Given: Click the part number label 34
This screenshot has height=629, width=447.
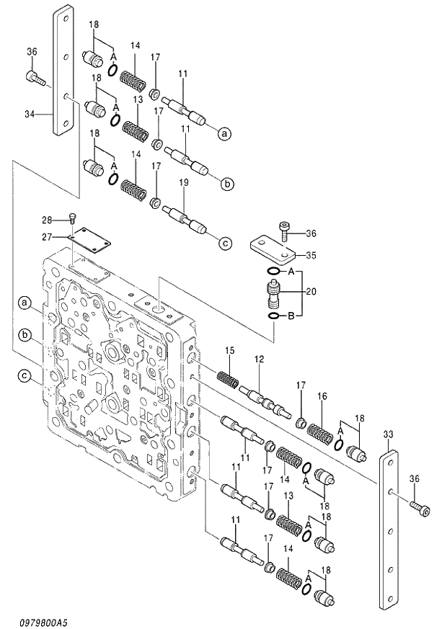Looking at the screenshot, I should (30, 113).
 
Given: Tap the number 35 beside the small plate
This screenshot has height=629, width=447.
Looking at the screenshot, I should (311, 255).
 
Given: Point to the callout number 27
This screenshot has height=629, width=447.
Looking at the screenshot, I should (46, 236).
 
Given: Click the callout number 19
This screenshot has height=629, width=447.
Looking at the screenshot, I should (183, 183).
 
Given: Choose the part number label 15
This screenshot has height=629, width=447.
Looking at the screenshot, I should (229, 350).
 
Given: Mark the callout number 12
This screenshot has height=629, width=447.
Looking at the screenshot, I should (258, 359).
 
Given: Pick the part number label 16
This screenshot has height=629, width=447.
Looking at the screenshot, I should (322, 396).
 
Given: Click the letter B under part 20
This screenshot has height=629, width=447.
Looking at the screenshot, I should (291, 316).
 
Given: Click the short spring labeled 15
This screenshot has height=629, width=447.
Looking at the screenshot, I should (228, 378).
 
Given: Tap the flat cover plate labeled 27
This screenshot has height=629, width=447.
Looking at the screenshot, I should (90, 241).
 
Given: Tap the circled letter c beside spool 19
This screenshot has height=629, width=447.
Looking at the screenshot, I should (225, 244).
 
